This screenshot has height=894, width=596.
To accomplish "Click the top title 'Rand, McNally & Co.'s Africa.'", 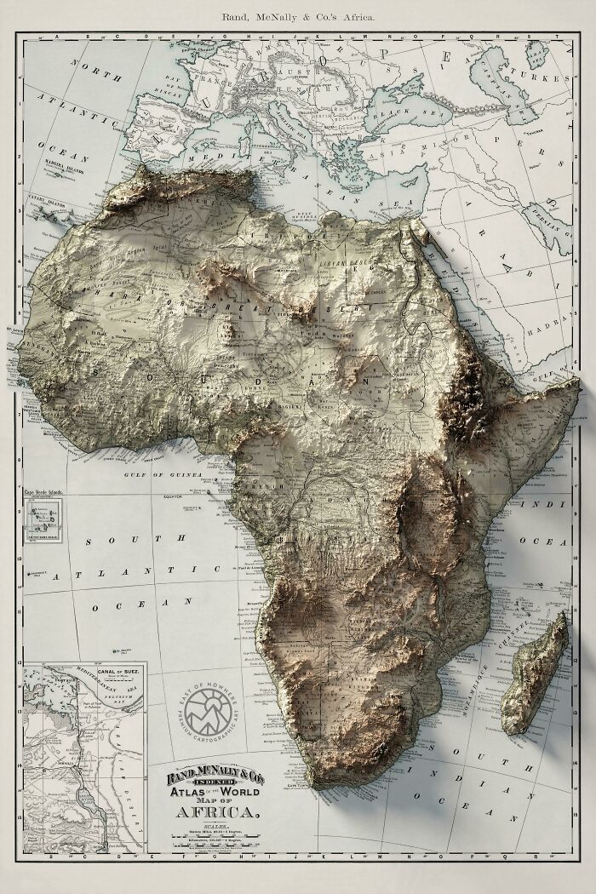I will click(x=297, y=17).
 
